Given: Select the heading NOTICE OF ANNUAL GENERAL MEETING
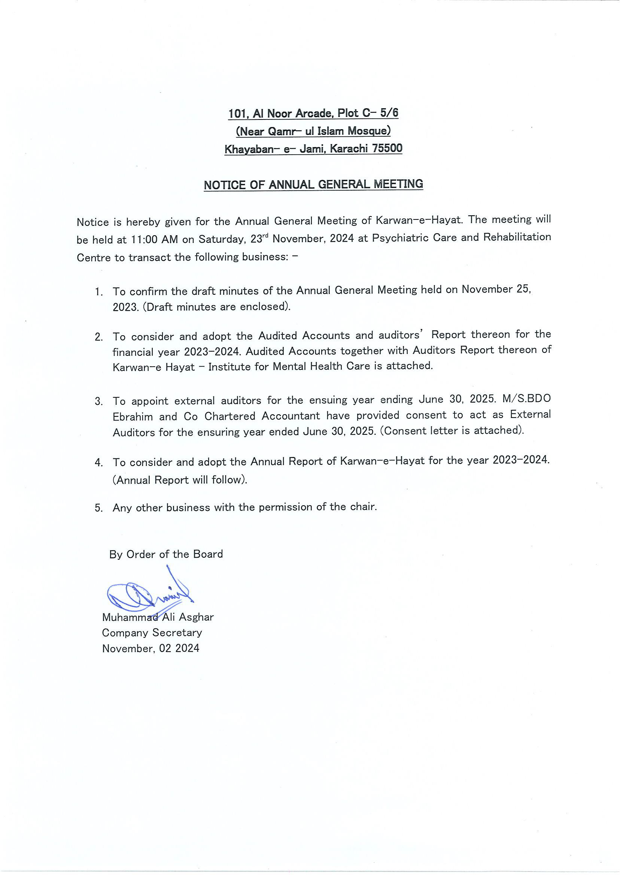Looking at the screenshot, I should click(x=313, y=184).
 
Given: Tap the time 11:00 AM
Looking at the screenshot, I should click(x=155, y=239).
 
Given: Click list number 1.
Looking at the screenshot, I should click(x=99, y=292).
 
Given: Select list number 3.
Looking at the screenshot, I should click(x=99, y=401).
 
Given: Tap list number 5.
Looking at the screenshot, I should click(x=99, y=508).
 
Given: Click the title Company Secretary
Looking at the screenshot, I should click(x=152, y=633).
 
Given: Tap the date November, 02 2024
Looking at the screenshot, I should click(x=151, y=648).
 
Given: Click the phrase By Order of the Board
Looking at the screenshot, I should click(x=166, y=554).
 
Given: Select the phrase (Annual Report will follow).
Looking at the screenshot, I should click(x=180, y=480).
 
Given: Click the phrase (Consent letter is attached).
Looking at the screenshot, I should click(x=452, y=431).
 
